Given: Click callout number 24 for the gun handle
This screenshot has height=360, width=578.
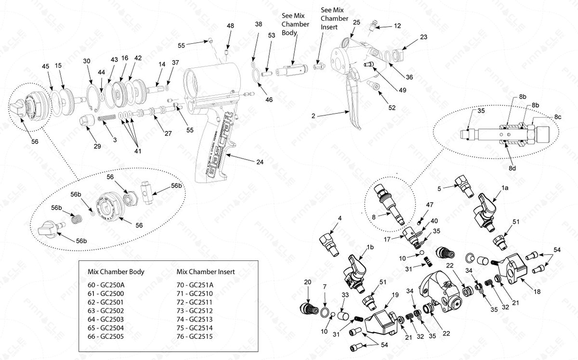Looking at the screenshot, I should tap(260, 162).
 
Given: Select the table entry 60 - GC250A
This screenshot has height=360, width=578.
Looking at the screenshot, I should tap(104, 284).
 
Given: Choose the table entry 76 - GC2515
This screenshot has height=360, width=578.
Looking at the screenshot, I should tap(193, 336).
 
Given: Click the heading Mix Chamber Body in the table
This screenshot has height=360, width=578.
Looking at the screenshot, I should tap(116, 271).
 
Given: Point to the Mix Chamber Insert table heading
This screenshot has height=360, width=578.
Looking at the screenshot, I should tap(206, 271).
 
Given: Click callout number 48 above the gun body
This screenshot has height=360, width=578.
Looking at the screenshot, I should tap(231, 26).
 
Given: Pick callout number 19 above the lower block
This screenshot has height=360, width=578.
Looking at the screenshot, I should tap(395, 295).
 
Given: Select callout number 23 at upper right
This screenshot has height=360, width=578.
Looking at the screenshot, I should tap(423, 37).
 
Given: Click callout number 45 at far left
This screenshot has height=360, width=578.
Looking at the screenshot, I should tap(46, 66).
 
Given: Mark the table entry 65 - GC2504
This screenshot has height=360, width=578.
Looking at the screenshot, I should tap(104, 328).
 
